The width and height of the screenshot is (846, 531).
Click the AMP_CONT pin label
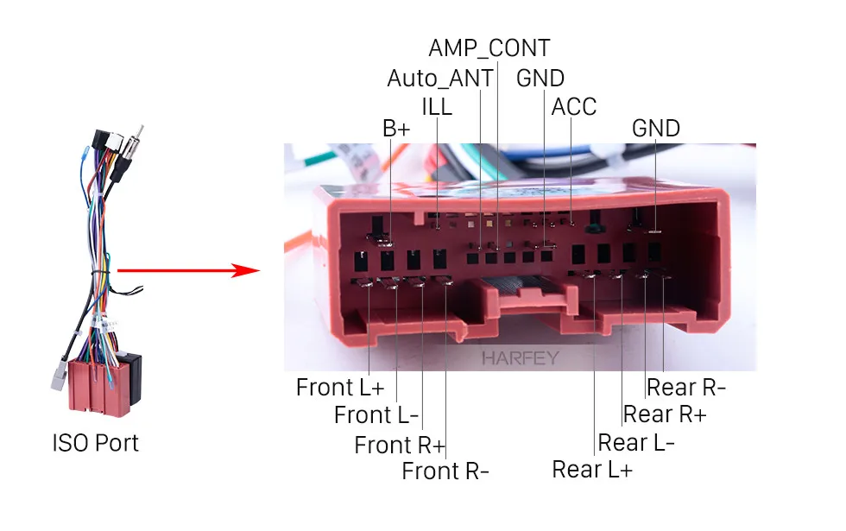(489, 47)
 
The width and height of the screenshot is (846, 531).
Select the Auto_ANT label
(439, 78)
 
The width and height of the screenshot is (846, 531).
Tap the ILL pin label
(437, 106)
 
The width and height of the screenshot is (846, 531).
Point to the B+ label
(397, 129)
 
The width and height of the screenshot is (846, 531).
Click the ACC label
(574, 106)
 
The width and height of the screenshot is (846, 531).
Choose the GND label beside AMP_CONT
(540, 78)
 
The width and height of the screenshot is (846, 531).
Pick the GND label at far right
(656, 129)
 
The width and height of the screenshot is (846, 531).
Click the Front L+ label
(340, 387)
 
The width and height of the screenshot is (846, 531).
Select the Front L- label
(376, 415)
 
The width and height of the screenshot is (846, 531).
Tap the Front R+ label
(400, 445)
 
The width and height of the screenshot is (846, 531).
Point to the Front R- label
(445, 471)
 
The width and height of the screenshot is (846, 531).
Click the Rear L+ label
(592, 470)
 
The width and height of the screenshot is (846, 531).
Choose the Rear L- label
(636, 442)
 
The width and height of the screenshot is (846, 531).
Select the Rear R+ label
(665, 414)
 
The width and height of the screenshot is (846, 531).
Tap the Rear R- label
(686, 387)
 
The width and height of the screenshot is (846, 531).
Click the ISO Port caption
(95, 443)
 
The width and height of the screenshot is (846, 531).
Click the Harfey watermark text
(521, 357)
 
